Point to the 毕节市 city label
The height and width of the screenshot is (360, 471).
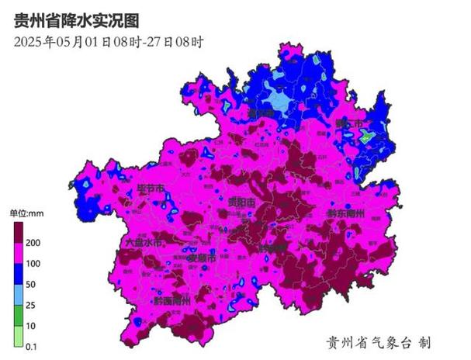pos(151,189)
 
